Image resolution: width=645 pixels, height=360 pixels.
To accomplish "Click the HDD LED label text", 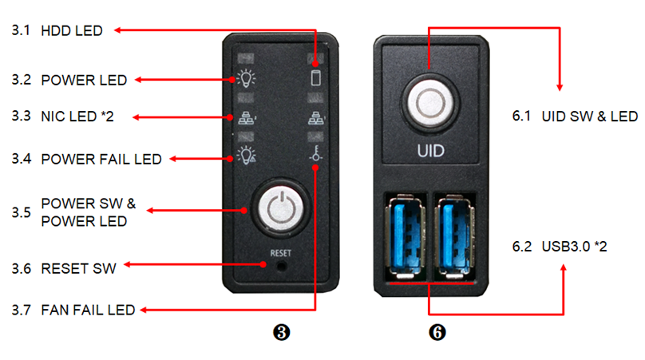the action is pyautogui.click(x=72, y=31).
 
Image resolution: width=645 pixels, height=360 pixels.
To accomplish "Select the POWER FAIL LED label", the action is pyautogui.click(x=101, y=159).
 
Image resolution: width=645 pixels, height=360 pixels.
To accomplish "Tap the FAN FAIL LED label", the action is pyautogui.click(x=88, y=310).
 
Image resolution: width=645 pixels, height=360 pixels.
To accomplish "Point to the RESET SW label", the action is pyautogui.click(x=78, y=269).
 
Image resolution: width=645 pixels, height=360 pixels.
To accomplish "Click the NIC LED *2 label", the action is pyautogui.click(x=77, y=117).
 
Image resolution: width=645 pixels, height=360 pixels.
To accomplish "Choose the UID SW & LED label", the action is pyautogui.click(x=589, y=117).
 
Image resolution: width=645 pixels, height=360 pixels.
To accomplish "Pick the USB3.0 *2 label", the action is pyautogui.click(x=574, y=247).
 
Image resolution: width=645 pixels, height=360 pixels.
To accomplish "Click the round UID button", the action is pyautogui.click(x=430, y=102).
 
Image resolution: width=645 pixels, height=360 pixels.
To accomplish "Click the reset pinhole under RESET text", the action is pyautogui.click(x=281, y=266).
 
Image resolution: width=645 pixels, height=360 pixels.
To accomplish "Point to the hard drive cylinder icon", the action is pyautogui.click(x=316, y=77).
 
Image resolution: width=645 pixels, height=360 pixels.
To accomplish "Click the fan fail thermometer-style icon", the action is pyautogui.click(x=315, y=153).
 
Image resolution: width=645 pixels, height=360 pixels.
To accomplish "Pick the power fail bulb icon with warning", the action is pyautogui.click(x=246, y=155).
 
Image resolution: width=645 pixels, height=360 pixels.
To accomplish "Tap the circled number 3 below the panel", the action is pyautogui.click(x=281, y=332).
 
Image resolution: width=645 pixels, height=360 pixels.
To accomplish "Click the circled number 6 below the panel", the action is pyautogui.click(x=437, y=332).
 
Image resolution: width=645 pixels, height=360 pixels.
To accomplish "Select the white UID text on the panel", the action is pyautogui.click(x=431, y=151).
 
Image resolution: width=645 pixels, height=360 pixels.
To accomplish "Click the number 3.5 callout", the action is pyautogui.click(x=22, y=212).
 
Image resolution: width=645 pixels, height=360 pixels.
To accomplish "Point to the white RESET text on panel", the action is pyautogui.click(x=280, y=253).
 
